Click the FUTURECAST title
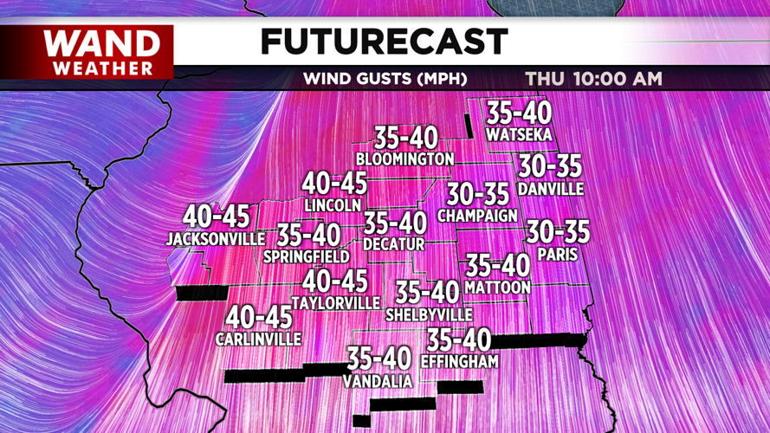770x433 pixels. point(384,41)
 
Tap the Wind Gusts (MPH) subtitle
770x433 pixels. point(385,79)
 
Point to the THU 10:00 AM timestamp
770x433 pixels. point(593,79)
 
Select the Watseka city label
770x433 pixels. point(519,135)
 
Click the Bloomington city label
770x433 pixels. point(404,159)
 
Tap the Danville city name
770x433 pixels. point(550,189)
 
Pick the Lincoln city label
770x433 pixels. point(333,205)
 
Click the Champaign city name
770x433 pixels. point(477,215)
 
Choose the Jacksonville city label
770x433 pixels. point(216,238)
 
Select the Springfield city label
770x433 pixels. point(307,256)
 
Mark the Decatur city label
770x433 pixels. point(394,245)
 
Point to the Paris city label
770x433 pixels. point(557,255)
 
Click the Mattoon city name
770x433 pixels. point(497,287)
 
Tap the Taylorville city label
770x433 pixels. point(336,303)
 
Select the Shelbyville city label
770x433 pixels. point(429,314)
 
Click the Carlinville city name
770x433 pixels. point(258,339)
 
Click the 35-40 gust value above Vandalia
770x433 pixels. point(379,358)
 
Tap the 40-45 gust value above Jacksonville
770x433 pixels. point(216,216)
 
